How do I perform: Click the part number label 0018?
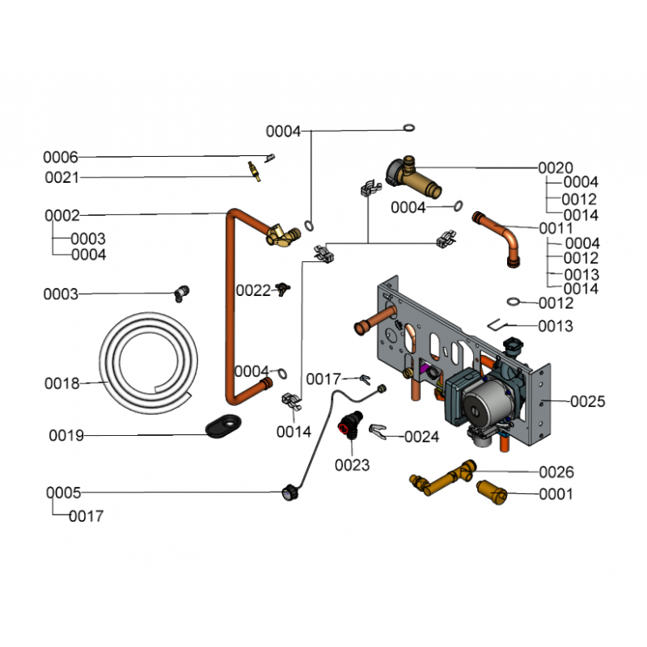pyautogui.click(x=61, y=383)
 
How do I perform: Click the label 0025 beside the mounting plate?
pyautogui.click(x=587, y=401)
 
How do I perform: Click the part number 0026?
pyautogui.click(x=556, y=472)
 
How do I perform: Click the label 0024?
pyautogui.click(x=421, y=437)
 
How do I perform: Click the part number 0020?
pyautogui.click(x=556, y=168)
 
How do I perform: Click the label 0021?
pyautogui.click(x=61, y=178)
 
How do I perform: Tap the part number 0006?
pyautogui.click(x=61, y=157)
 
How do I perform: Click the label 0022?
pyautogui.click(x=253, y=290)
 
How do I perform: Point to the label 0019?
pyautogui.click(x=66, y=436)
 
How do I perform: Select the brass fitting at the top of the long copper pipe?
pyautogui.click(x=280, y=236)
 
